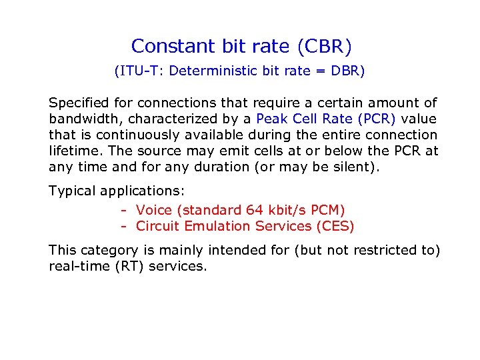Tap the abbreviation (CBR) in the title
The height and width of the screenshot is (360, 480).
tap(325, 46)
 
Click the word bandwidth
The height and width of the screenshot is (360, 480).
tap(83, 119)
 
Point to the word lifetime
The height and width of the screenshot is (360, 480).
tap(73, 151)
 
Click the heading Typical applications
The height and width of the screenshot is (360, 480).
tap(117, 191)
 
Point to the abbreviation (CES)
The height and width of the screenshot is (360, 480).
tap(335, 226)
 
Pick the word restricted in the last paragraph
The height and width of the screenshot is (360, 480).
tap(378, 250)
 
